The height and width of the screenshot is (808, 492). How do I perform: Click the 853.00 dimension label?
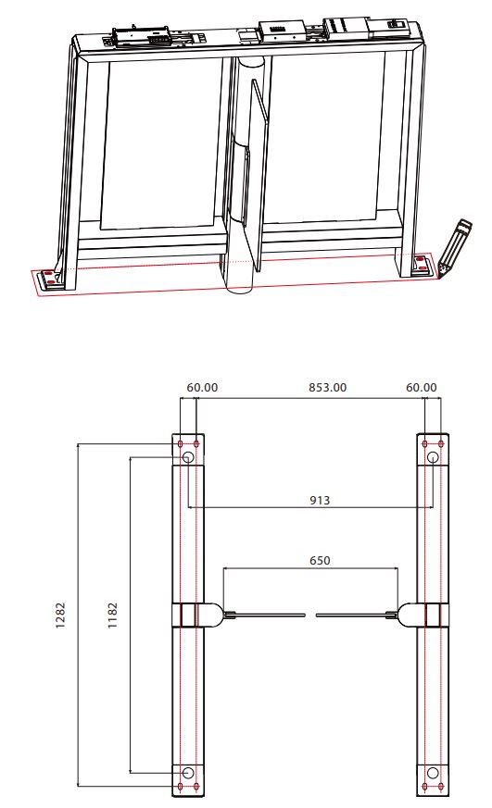point(327,387)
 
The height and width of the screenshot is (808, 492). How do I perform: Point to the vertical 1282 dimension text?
point(60,616)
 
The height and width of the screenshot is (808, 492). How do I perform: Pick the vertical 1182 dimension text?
point(112,616)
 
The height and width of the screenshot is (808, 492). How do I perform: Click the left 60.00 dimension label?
point(202,387)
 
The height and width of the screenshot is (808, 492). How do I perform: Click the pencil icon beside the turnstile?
point(453,245)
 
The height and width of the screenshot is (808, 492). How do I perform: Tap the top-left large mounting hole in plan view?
point(188,458)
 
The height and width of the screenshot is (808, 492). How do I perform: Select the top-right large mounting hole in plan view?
point(432,458)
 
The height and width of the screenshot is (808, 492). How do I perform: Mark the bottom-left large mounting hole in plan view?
point(188,773)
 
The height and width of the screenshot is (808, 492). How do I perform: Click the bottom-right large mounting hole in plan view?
point(432,773)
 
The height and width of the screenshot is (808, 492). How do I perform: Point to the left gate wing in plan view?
point(269,615)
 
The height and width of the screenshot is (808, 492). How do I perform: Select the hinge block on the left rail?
point(188,615)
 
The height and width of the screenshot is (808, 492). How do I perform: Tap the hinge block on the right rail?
point(432,615)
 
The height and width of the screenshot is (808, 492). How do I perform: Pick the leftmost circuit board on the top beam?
point(141,38)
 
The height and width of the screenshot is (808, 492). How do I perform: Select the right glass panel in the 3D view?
point(324,139)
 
